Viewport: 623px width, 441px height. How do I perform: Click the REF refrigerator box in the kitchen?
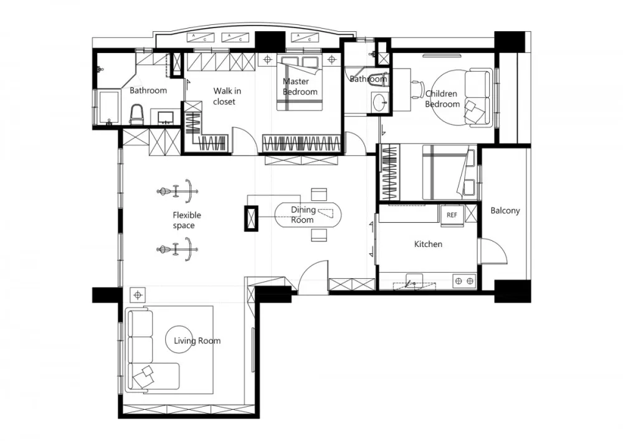452,215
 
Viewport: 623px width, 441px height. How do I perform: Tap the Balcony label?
505,211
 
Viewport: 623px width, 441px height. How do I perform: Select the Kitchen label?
428,245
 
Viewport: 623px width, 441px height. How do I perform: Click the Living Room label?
197,341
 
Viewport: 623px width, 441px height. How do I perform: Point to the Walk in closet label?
226,96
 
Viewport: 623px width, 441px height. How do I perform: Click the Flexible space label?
186,220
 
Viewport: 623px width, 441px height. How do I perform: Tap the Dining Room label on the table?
303,215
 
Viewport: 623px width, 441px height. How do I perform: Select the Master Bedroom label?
300,87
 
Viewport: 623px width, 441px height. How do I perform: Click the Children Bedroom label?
442,99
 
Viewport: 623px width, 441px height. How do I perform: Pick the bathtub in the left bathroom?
107,107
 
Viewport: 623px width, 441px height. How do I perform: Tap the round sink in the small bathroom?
379,103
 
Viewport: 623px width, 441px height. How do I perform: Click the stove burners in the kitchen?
464,282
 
